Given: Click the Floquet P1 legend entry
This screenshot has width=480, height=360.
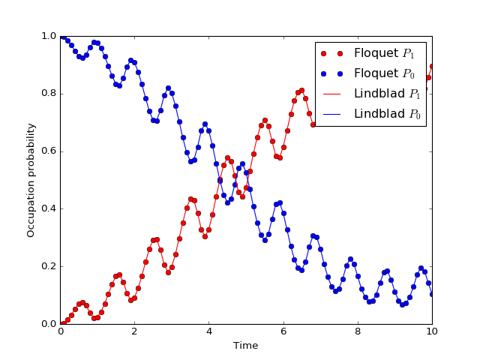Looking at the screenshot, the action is point(368,53).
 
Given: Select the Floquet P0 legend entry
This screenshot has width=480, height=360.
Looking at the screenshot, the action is point(368,73).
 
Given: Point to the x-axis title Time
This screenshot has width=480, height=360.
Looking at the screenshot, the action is point(245,346).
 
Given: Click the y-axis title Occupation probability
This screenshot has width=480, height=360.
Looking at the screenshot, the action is point(31,180).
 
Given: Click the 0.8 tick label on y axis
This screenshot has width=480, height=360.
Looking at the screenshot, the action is point(49,94).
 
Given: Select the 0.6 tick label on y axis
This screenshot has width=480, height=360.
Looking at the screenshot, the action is point(49,151).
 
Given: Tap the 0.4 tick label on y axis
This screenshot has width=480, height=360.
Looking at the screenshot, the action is point(49,208).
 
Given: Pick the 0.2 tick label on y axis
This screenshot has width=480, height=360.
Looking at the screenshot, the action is point(49,266).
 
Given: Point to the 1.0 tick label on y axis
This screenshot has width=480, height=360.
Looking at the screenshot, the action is point(49,36).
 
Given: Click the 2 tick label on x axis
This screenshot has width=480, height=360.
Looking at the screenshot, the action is point(135,331).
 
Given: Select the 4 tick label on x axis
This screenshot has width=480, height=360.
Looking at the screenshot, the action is point(209,331).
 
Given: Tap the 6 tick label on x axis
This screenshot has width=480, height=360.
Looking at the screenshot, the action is point(283,331).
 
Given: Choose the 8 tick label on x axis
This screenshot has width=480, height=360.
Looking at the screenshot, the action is point(358,331).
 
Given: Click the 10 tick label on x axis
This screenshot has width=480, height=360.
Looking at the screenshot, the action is point(432,331).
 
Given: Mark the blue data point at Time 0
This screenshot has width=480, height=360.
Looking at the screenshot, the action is point(61,37).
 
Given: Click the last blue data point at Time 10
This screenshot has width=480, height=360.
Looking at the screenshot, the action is point(432,294).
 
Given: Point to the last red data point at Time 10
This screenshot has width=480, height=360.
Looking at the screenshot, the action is point(432,67).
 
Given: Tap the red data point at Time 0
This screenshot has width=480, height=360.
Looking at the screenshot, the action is point(61,323).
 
